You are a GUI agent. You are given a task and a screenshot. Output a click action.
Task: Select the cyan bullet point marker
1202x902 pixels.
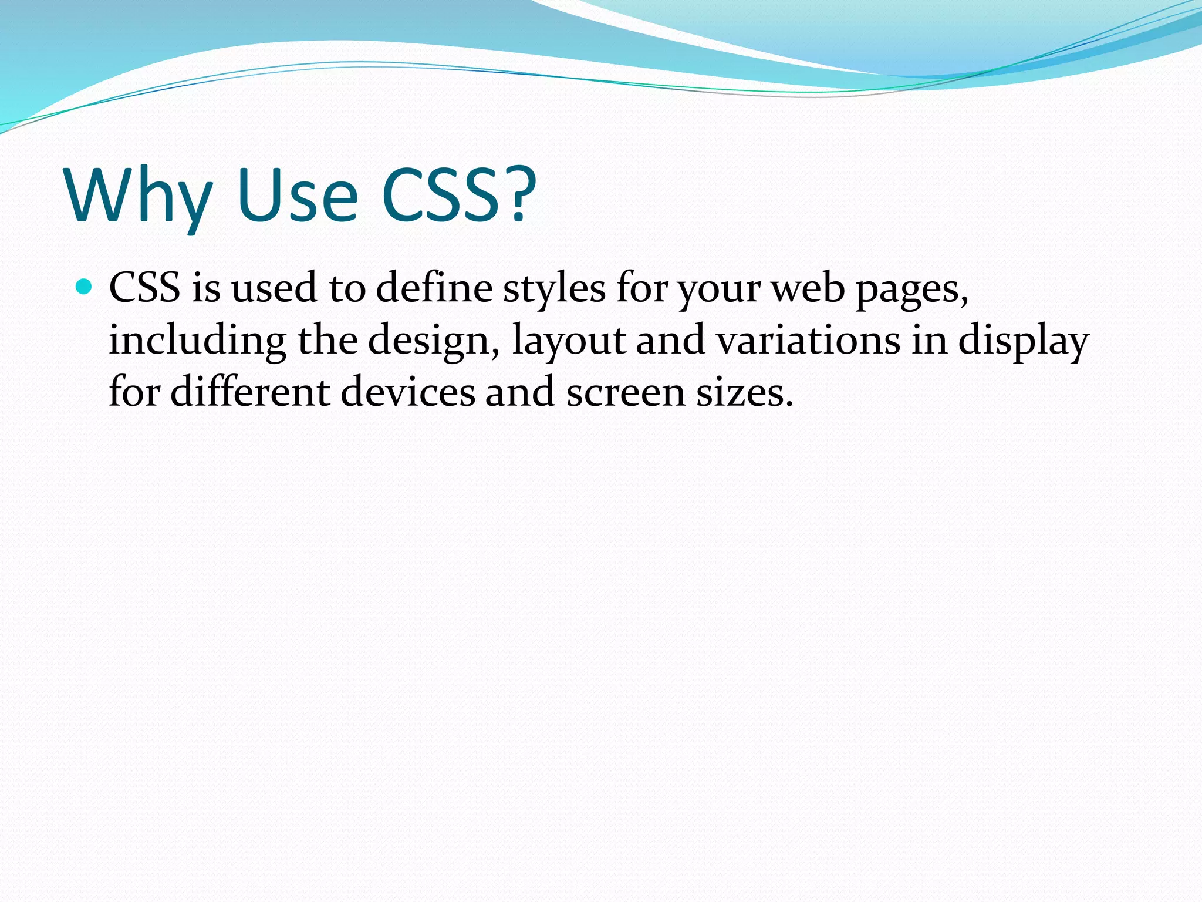pyautogui.click(x=85, y=287)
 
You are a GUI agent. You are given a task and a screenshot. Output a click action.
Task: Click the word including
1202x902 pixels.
pyautogui.click(x=197, y=341)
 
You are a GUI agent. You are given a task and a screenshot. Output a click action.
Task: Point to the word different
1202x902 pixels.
pyautogui.click(x=250, y=392)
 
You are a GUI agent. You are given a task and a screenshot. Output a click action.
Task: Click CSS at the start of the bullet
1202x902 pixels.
pyautogui.click(x=144, y=288)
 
